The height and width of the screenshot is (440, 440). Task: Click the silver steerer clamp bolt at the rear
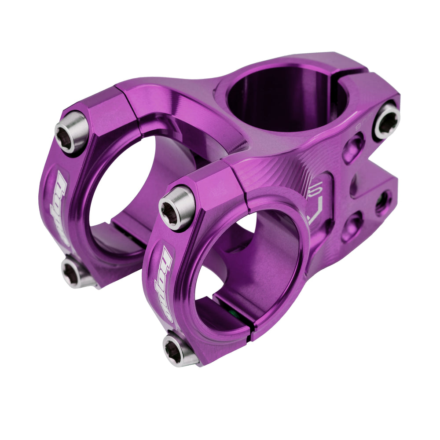coord(386,120)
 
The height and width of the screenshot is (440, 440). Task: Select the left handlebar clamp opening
coord(119,185)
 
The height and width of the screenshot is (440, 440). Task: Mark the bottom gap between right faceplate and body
coord(250,334)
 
